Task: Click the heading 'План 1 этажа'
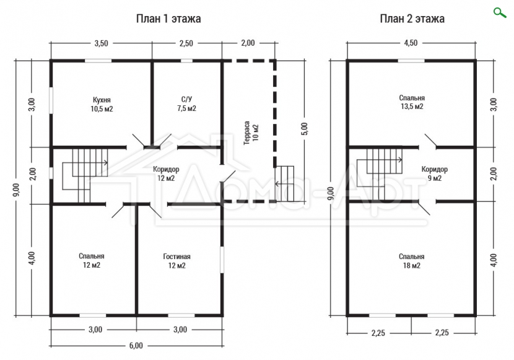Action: (168, 19)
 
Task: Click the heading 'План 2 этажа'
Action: (412, 19)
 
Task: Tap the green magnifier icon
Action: (500, 13)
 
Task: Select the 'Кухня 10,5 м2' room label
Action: (102, 104)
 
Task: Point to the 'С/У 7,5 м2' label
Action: (186, 104)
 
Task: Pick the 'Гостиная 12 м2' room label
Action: (176, 261)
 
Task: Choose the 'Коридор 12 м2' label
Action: (166, 173)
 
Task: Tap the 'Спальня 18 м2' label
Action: (412, 261)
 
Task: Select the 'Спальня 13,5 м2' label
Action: (412, 102)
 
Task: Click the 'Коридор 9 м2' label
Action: (434, 173)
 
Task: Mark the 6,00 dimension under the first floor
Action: (136, 346)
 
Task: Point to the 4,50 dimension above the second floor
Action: (411, 43)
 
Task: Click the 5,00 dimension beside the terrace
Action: (305, 129)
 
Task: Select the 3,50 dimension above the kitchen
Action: (102, 43)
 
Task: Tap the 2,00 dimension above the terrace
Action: (248, 43)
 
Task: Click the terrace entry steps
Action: (284, 184)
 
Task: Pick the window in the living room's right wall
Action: (222, 260)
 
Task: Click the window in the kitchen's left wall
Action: (51, 100)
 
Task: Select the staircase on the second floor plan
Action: (380, 170)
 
